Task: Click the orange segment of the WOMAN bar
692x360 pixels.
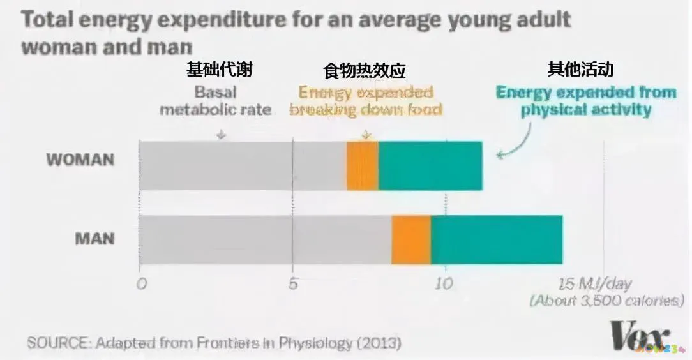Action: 362,166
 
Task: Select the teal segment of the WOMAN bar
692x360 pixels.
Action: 430,166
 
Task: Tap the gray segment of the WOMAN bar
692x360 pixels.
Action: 243,166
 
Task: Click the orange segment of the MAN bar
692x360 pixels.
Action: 410,239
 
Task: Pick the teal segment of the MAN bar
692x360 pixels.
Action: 497,239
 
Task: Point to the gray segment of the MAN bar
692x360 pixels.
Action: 265,239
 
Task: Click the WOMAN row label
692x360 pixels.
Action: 80,160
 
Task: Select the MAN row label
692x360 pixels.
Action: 94,239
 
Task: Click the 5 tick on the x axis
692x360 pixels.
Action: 293,284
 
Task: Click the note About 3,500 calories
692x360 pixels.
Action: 606,301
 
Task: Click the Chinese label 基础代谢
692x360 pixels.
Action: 219,69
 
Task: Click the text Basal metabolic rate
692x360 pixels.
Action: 215,101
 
